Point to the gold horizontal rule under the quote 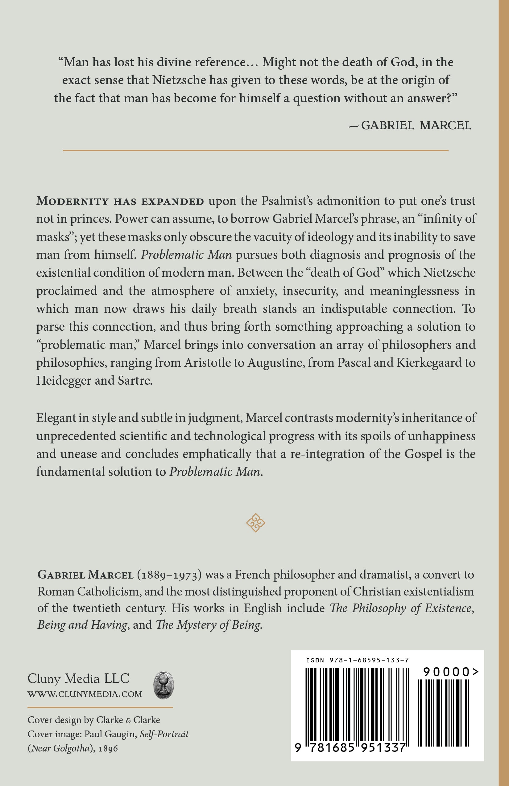click(x=255, y=150)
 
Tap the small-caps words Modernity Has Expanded click(x=120, y=201)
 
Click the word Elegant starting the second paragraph click(x=56, y=418)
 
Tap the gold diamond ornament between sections click(x=255, y=523)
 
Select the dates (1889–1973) click(x=169, y=575)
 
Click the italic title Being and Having click(x=82, y=625)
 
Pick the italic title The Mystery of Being click(x=209, y=625)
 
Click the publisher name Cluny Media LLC click(x=78, y=678)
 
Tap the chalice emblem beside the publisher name click(x=164, y=685)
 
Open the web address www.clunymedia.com click(x=85, y=694)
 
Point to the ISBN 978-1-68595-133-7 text click(x=357, y=660)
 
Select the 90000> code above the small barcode click(x=450, y=672)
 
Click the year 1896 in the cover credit click(x=108, y=748)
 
